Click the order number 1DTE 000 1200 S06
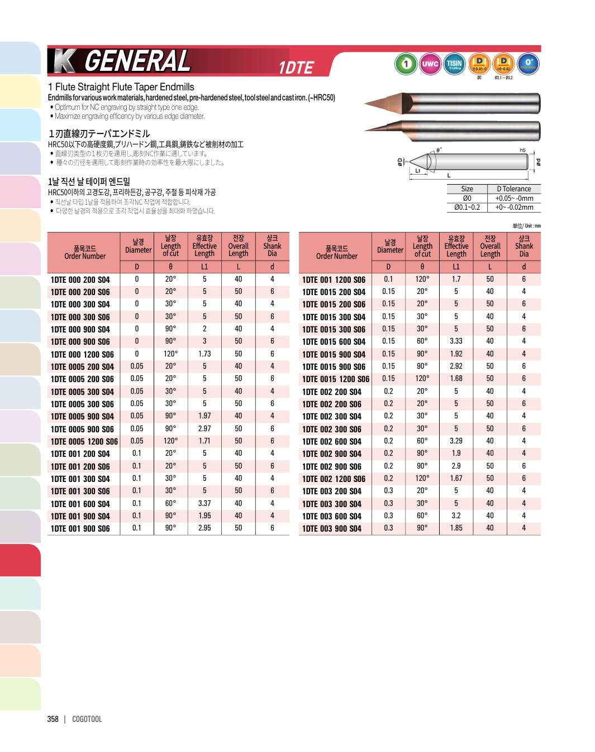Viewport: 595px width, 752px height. click(82, 354)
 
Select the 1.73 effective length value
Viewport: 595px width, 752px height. click(204, 354)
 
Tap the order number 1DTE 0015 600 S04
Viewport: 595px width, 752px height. click(334, 341)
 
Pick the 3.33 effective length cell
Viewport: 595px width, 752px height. click(456, 341)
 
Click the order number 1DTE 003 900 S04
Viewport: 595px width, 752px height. click(332, 528)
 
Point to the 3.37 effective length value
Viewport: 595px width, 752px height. click(204, 503)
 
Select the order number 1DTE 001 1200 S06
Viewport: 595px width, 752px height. click(334, 279)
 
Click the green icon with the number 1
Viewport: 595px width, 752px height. click(406, 64)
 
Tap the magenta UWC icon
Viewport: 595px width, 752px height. click(430, 64)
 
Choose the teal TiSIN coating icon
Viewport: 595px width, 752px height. click(454, 64)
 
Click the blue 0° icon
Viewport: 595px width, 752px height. click(529, 64)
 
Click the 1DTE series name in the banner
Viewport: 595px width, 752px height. click(296, 68)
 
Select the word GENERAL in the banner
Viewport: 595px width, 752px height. click(137, 61)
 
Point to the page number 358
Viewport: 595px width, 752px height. click(53, 719)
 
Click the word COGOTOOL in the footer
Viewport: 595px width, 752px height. click(87, 719)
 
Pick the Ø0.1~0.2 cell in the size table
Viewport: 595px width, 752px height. click(467, 207)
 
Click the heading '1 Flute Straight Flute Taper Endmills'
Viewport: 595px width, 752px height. click(121, 87)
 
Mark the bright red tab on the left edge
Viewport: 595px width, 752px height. click(20, 560)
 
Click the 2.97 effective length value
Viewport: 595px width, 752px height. click(204, 428)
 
